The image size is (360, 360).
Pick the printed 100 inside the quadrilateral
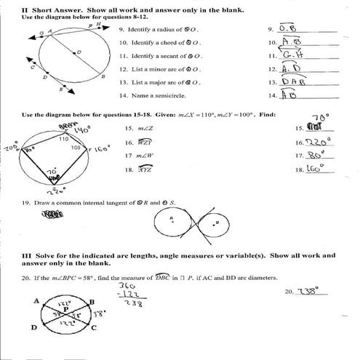pos(76,148)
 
